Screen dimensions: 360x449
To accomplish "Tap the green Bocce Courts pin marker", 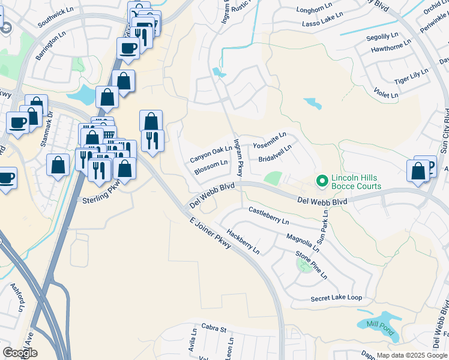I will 322,179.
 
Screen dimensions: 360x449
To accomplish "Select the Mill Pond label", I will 380,328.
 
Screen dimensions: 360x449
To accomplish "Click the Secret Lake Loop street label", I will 336,298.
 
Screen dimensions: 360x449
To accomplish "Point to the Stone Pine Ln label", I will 312,265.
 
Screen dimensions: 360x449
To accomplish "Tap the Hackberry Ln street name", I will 243,240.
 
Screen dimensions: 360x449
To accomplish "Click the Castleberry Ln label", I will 268,216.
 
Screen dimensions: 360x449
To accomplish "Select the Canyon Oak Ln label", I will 211,154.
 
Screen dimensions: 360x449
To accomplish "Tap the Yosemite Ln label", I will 270,140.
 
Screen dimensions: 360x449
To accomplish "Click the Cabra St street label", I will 214,329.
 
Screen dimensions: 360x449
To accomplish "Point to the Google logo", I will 20,353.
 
